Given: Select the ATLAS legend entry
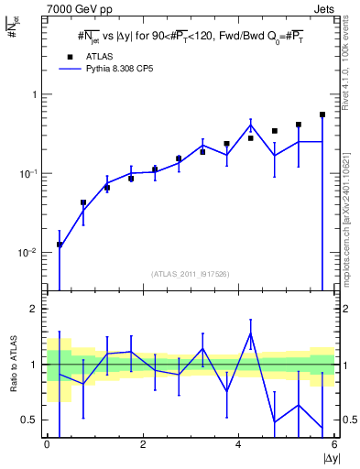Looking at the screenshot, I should (x=95, y=56).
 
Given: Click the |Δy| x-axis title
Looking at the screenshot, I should (x=330, y=458).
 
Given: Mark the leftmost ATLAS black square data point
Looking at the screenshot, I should (x=60, y=245).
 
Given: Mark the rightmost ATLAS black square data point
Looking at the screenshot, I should (x=322, y=115).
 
